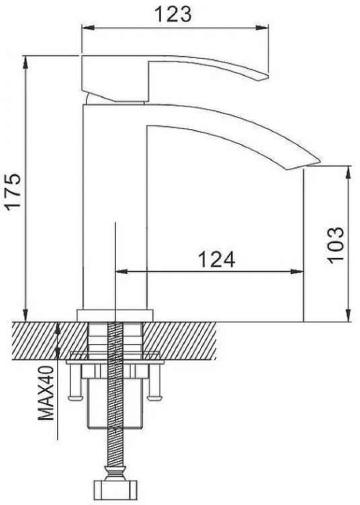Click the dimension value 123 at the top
174,14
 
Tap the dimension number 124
215,259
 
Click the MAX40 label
46,393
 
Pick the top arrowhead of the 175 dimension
26,60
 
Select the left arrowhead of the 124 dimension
121,272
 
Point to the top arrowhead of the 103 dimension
348,170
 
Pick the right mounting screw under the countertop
157,387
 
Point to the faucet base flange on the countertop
114,315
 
